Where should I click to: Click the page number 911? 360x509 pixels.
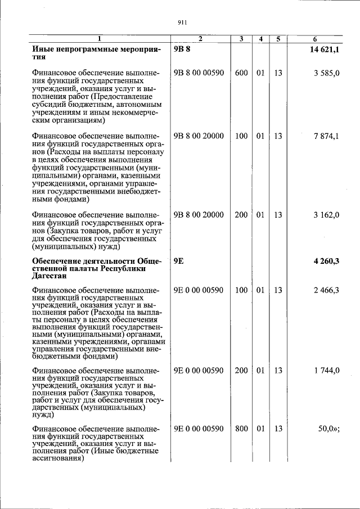click(182, 22)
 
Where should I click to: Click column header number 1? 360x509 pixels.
click(100, 39)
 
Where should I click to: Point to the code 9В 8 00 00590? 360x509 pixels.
click(199, 73)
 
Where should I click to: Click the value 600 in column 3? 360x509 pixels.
click(241, 73)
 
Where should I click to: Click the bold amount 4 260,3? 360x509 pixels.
click(326, 261)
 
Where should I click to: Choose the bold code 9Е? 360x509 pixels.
click(179, 261)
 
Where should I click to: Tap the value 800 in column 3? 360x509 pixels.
click(241, 429)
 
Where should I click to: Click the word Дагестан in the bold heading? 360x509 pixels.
click(50, 276)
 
